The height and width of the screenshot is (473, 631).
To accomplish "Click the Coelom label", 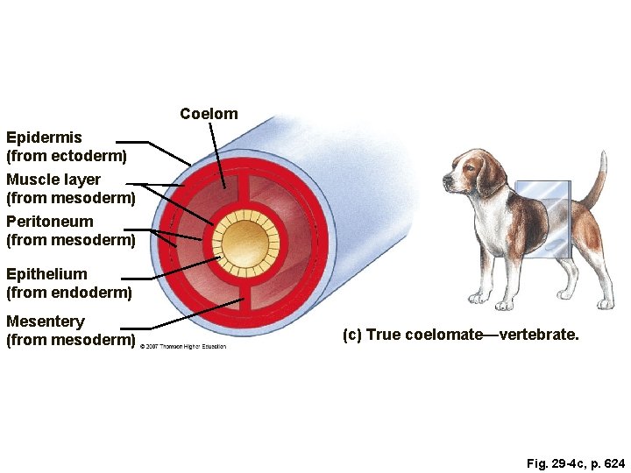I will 209,114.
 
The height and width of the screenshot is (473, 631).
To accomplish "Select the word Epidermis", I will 44,138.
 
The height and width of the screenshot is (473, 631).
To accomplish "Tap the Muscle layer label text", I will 53,180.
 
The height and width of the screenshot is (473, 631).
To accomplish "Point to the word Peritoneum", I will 49,222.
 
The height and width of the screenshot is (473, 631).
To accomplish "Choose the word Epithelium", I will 46,274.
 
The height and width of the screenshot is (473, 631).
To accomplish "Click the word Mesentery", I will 46,321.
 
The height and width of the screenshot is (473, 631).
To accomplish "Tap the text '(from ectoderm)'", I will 67,156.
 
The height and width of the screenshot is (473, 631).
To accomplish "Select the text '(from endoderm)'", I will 69,292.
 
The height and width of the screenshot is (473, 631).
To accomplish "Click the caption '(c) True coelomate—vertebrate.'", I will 460,335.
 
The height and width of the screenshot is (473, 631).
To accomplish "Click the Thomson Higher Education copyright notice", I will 182,346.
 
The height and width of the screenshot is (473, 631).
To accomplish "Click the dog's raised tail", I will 599,180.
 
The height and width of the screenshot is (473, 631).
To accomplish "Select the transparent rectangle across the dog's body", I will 543,219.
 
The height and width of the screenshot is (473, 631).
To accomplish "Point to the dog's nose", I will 445,184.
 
